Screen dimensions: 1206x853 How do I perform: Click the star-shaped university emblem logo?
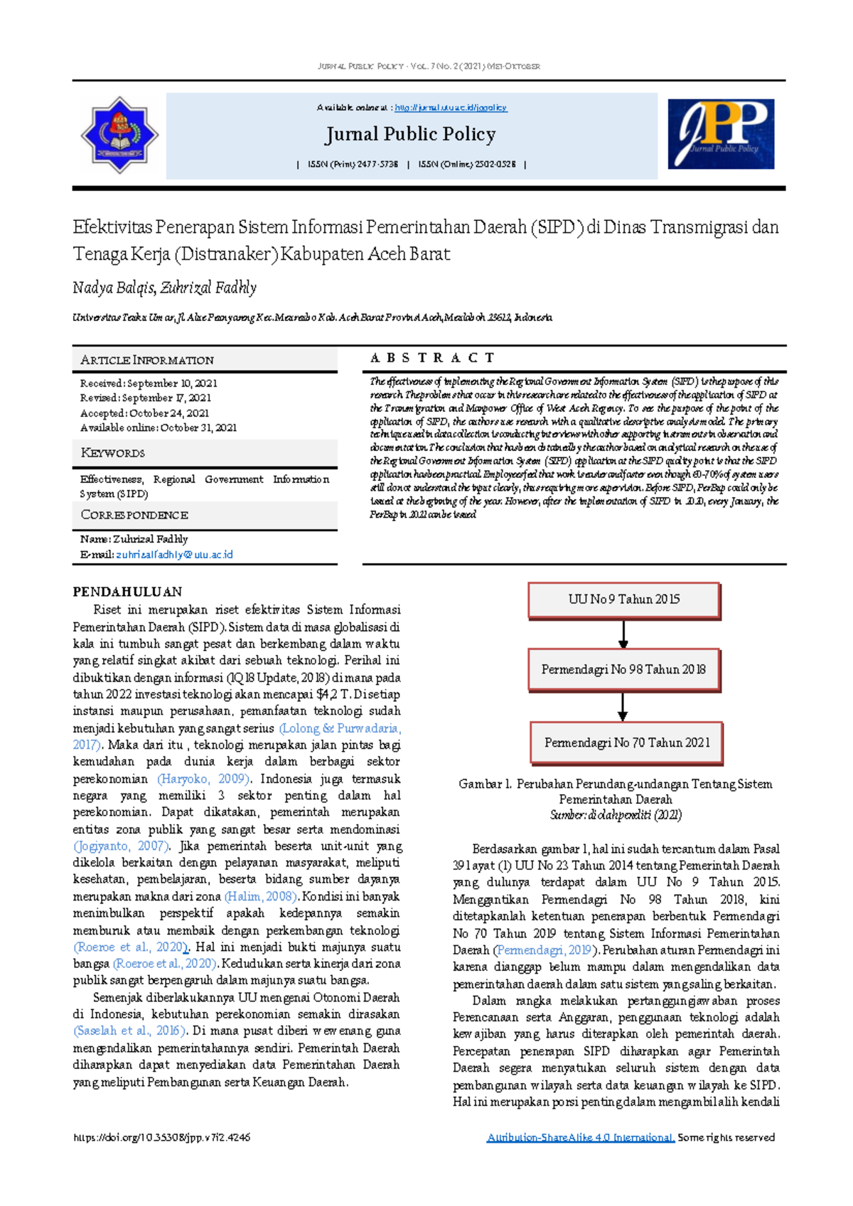119,135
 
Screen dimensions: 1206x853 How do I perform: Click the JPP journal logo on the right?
721,134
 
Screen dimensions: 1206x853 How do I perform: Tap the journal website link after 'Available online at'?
451,108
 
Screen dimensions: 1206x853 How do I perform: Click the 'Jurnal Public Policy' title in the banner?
410,134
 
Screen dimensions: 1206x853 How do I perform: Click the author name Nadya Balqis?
112,288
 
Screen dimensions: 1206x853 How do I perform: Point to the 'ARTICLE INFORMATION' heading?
147,360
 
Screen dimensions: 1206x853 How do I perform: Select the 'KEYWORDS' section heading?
113,453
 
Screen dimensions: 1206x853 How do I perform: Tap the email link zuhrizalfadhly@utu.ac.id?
174,555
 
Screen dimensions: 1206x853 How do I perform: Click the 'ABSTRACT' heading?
432,358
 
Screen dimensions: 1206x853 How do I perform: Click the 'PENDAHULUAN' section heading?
127,592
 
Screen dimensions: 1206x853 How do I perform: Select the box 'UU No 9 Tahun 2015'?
623,599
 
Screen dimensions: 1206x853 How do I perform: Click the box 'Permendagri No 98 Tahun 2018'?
623,669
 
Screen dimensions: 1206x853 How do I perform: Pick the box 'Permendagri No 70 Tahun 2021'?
626,743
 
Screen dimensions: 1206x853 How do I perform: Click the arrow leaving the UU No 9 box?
623,634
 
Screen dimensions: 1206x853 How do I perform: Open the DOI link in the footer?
161,1137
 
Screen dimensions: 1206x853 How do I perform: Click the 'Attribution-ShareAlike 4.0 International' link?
580,1137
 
